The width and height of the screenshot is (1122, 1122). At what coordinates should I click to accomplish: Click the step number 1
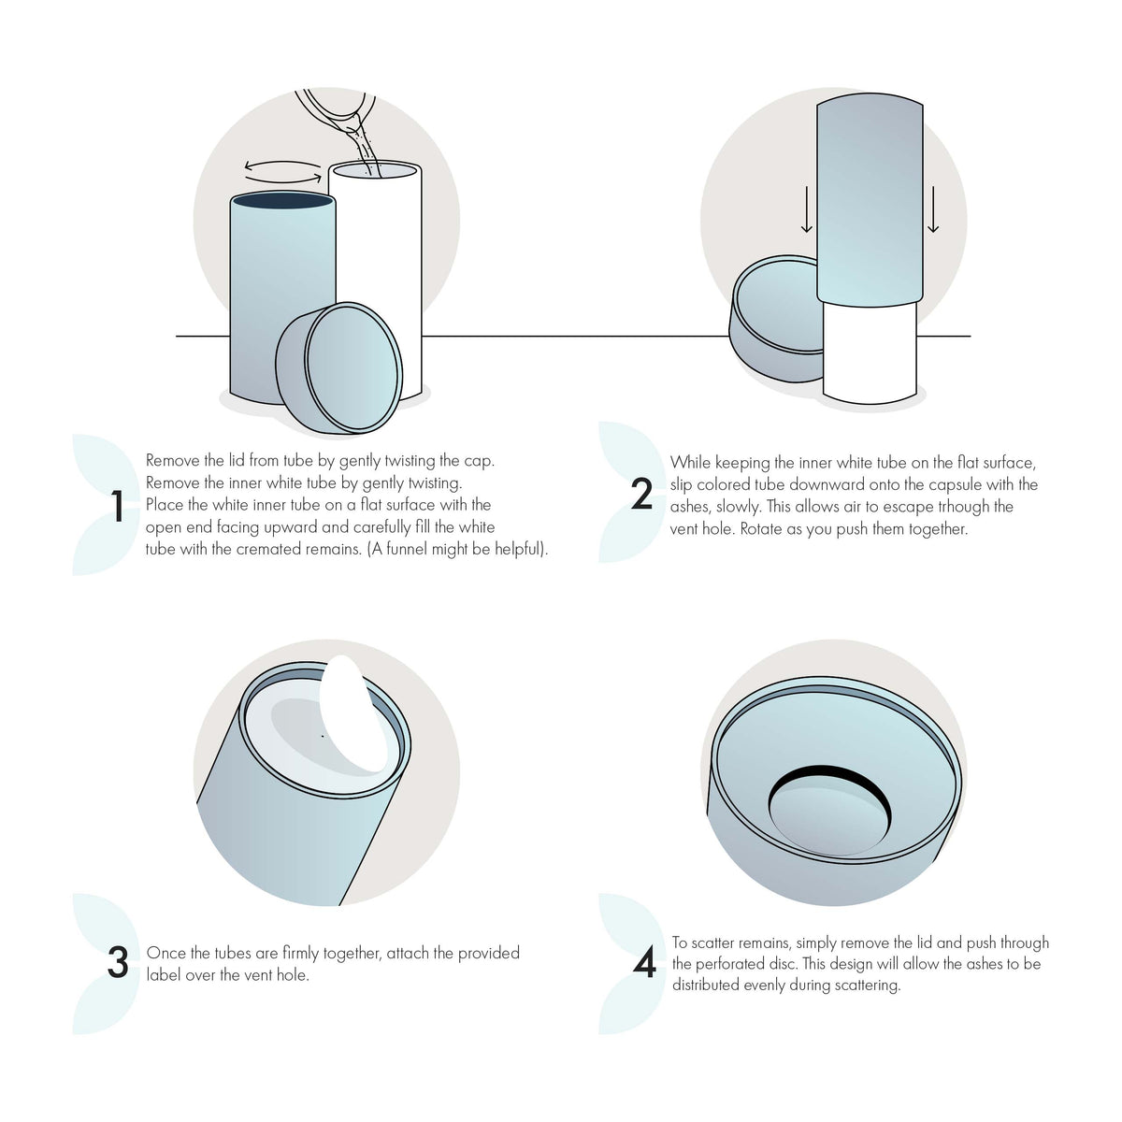[117, 506]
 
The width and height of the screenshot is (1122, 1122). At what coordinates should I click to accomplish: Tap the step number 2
[641, 495]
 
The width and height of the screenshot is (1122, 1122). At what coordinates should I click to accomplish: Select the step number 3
[117, 963]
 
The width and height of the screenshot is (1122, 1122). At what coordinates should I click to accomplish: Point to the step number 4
[644, 963]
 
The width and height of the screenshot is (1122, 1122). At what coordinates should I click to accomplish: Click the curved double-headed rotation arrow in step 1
[282, 169]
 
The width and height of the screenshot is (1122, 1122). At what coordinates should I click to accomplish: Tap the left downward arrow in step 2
[807, 210]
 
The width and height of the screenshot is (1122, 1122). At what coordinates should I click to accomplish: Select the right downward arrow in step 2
[932, 210]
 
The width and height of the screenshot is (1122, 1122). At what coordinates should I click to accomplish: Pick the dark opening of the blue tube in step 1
[282, 200]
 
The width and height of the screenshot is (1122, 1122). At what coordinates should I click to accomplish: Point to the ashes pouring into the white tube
[363, 150]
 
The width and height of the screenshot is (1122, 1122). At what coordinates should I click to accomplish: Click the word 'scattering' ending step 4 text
[865, 985]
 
